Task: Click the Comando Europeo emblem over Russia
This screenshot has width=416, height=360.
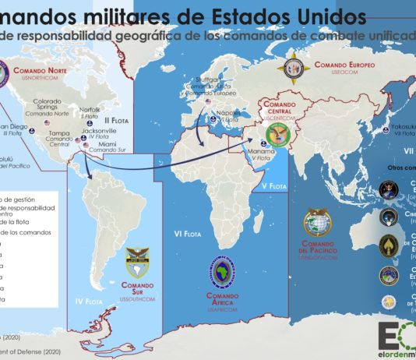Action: (296, 69)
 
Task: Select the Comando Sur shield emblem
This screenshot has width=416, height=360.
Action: (137, 259)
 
